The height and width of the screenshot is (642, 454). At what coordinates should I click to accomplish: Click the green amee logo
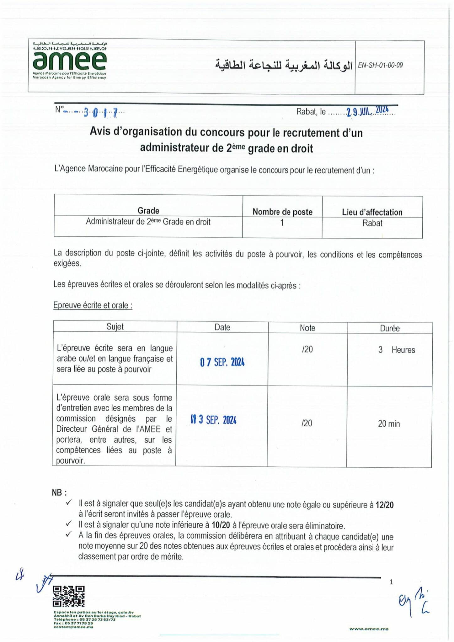pyautogui.click(x=69, y=61)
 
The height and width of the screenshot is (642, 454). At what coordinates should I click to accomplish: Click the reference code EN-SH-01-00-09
pyautogui.click(x=380, y=65)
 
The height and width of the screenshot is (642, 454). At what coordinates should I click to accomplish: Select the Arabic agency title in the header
pyautogui.click(x=284, y=65)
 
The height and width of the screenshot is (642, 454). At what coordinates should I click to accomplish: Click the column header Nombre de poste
pyautogui.click(x=282, y=212)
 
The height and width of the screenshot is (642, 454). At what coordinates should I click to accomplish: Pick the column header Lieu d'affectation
pyautogui.click(x=372, y=212)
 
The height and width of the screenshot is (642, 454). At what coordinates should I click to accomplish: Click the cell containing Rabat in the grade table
pyautogui.click(x=372, y=223)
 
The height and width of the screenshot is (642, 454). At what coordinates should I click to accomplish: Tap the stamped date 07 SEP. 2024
pyautogui.click(x=222, y=362)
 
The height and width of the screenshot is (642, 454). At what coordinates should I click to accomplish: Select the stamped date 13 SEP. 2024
pyautogui.click(x=214, y=420)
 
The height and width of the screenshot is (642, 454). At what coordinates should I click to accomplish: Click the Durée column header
pyautogui.click(x=390, y=328)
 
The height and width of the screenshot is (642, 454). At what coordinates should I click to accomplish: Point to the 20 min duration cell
pyautogui.click(x=389, y=424)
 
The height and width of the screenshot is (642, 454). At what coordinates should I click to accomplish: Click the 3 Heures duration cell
pyautogui.click(x=397, y=350)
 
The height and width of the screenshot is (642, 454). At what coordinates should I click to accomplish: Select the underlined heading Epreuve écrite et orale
pyautogui.click(x=93, y=305)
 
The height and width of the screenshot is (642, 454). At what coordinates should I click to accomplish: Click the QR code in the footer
pyautogui.click(x=69, y=596)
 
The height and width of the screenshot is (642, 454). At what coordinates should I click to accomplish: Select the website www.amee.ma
pyautogui.click(x=369, y=629)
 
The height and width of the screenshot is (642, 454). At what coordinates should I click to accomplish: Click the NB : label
pyautogui.click(x=59, y=492)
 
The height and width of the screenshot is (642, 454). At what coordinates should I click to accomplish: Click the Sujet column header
pyautogui.click(x=115, y=327)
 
